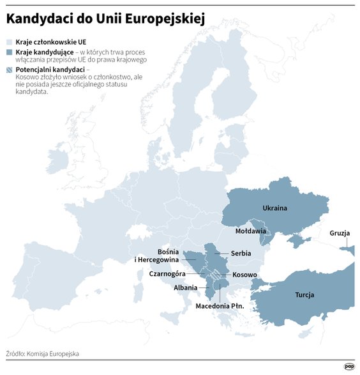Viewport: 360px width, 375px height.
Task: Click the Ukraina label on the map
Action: tap(275, 208)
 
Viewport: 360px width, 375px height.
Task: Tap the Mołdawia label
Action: tap(250, 231)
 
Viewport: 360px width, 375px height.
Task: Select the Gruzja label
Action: tap(340, 233)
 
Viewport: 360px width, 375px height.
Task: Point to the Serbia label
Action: tap(241, 253)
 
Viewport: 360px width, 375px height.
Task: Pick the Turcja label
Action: tap(304, 295)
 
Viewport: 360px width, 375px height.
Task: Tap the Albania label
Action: tap(185, 287)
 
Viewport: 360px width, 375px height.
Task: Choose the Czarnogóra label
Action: tap(167, 273)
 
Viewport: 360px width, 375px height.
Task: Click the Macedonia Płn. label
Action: tap(220, 306)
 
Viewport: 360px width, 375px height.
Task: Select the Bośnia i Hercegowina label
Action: tap(158, 256)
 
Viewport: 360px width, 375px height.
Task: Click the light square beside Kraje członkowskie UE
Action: tap(8, 40)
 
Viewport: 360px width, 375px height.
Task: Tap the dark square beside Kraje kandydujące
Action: tap(8, 52)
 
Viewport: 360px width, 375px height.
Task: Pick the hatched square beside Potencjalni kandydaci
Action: tap(8, 70)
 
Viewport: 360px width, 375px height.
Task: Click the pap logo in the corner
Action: tap(349, 366)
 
